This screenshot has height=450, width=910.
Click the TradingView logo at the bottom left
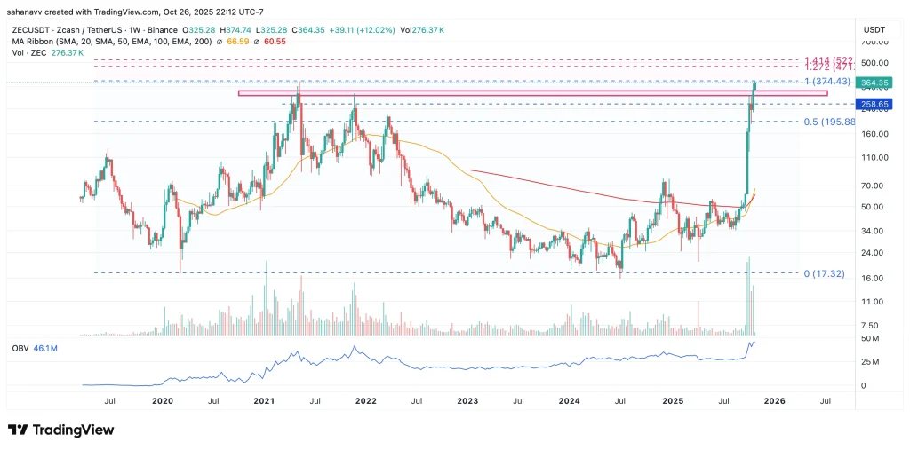61,430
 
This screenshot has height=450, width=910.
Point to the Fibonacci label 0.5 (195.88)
828,122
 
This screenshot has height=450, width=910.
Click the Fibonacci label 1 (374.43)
827,81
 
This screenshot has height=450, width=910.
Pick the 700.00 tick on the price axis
875,42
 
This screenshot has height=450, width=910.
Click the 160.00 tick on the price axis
875,134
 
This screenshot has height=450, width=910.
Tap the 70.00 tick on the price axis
875,186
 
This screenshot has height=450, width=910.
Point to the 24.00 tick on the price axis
875,252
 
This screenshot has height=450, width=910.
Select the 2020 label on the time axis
162,400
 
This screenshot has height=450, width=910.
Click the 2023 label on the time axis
467,400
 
